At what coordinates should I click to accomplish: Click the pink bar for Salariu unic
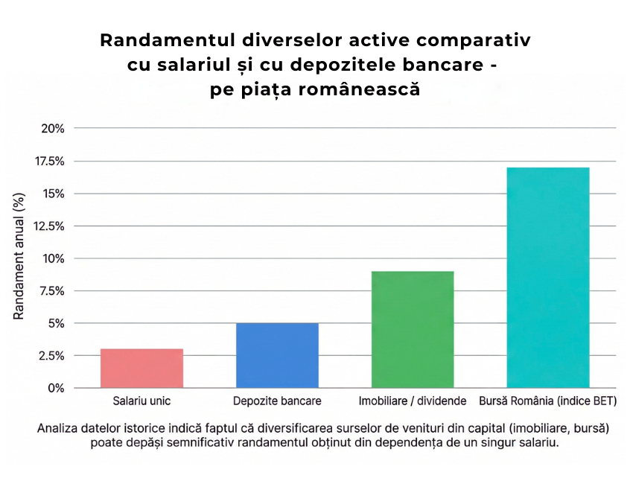(x=141, y=369)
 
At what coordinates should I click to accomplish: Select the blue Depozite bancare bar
(x=277, y=356)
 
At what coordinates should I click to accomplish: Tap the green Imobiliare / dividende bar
(x=412, y=330)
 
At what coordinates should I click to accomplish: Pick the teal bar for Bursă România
(x=547, y=278)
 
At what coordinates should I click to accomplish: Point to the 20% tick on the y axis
(x=53, y=128)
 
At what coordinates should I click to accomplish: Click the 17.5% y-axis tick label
(x=49, y=161)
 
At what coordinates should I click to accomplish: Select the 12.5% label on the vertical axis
(x=49, y=226)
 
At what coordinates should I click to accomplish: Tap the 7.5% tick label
(x=52, y=291)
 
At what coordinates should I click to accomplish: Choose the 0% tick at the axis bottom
(x=56, y=388)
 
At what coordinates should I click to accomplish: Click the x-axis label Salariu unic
(x=141, y=401)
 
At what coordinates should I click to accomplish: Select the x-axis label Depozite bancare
(x=277, y=401)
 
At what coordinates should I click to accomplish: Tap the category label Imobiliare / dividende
(x=413, y=401)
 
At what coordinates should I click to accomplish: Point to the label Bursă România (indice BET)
(x=547, y=401)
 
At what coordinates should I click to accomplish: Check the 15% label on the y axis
(x=53, y=194)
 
